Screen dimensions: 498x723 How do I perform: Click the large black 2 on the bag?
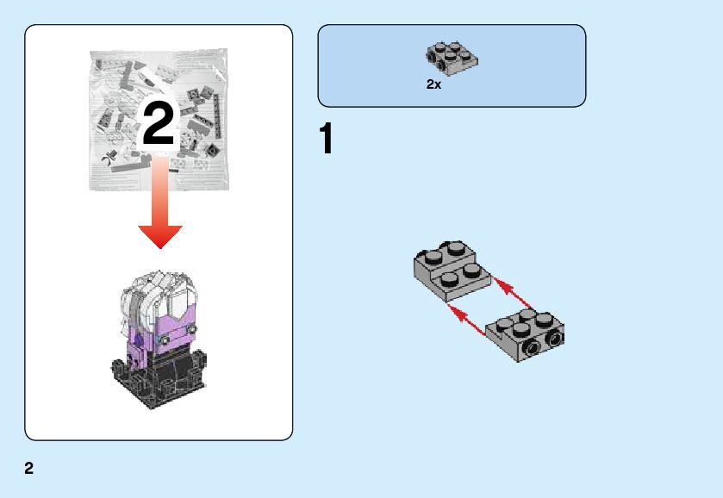click(158, 123)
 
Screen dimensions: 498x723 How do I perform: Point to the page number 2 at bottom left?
click(29, 469)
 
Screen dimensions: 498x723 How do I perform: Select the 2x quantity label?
click(433, 85)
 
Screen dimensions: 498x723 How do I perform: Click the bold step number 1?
click(326, 140)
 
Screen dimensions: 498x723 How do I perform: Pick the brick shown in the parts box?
click(452, 57)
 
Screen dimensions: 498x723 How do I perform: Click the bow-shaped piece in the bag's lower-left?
click(109, 159)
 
